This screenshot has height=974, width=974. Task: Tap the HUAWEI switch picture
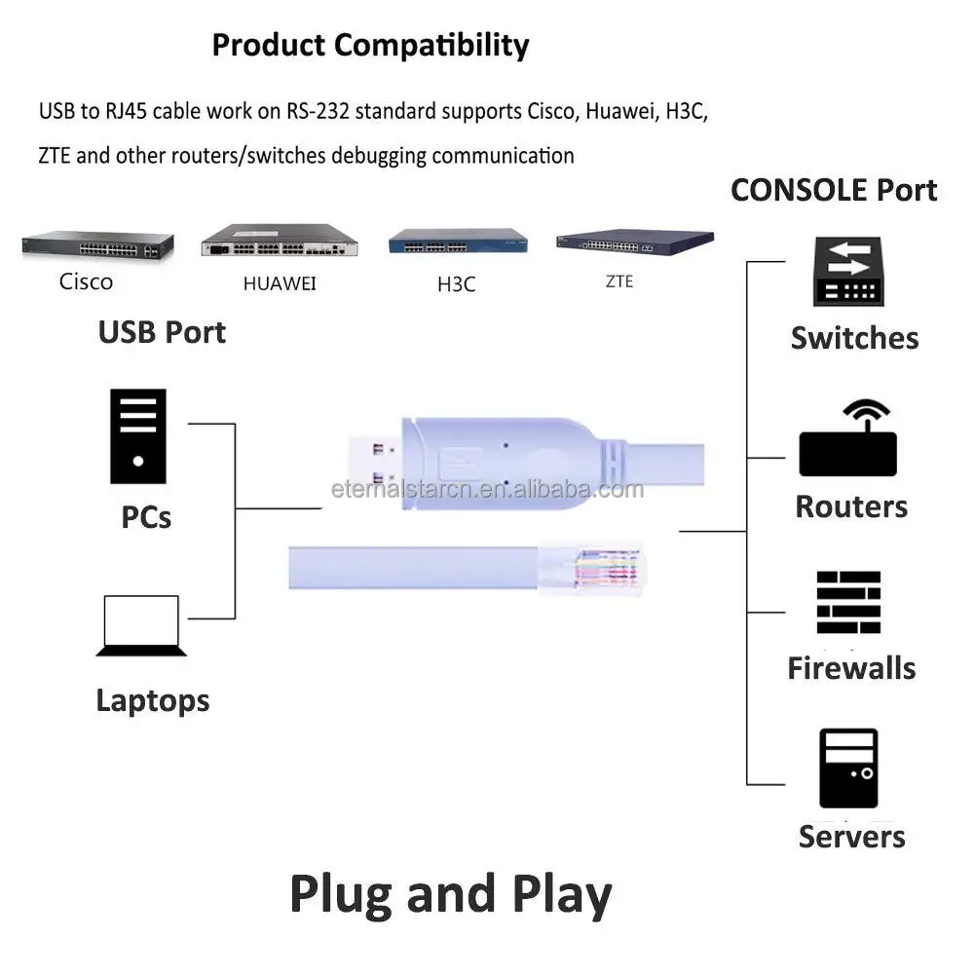click(x=279, y=241)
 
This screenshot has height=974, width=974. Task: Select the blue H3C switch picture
click(x=459, y=242)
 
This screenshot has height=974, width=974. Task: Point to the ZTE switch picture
click(x=634, y=242)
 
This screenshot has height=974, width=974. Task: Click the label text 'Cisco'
click(x=86, y=282)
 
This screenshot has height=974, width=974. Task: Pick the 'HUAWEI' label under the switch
click(x=280, y=284)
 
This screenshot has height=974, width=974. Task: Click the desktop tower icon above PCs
click(x=137, y=436)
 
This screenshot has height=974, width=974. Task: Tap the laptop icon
click(x=141, y=626)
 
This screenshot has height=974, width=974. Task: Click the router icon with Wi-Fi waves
click(x=847, y=440)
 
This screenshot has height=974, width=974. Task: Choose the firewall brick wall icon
click(x=847, y=603)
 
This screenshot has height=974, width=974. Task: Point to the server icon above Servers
click(x=847, y=768)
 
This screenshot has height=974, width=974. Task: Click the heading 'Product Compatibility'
click(x=370, y=45)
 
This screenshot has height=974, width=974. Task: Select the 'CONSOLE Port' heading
click(x=834, y=190)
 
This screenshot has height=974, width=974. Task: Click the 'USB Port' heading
click(x=162, y=332)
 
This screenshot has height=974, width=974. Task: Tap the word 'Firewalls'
click(x=851, y=668)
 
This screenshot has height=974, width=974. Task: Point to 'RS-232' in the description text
click(x=317, y=111)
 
